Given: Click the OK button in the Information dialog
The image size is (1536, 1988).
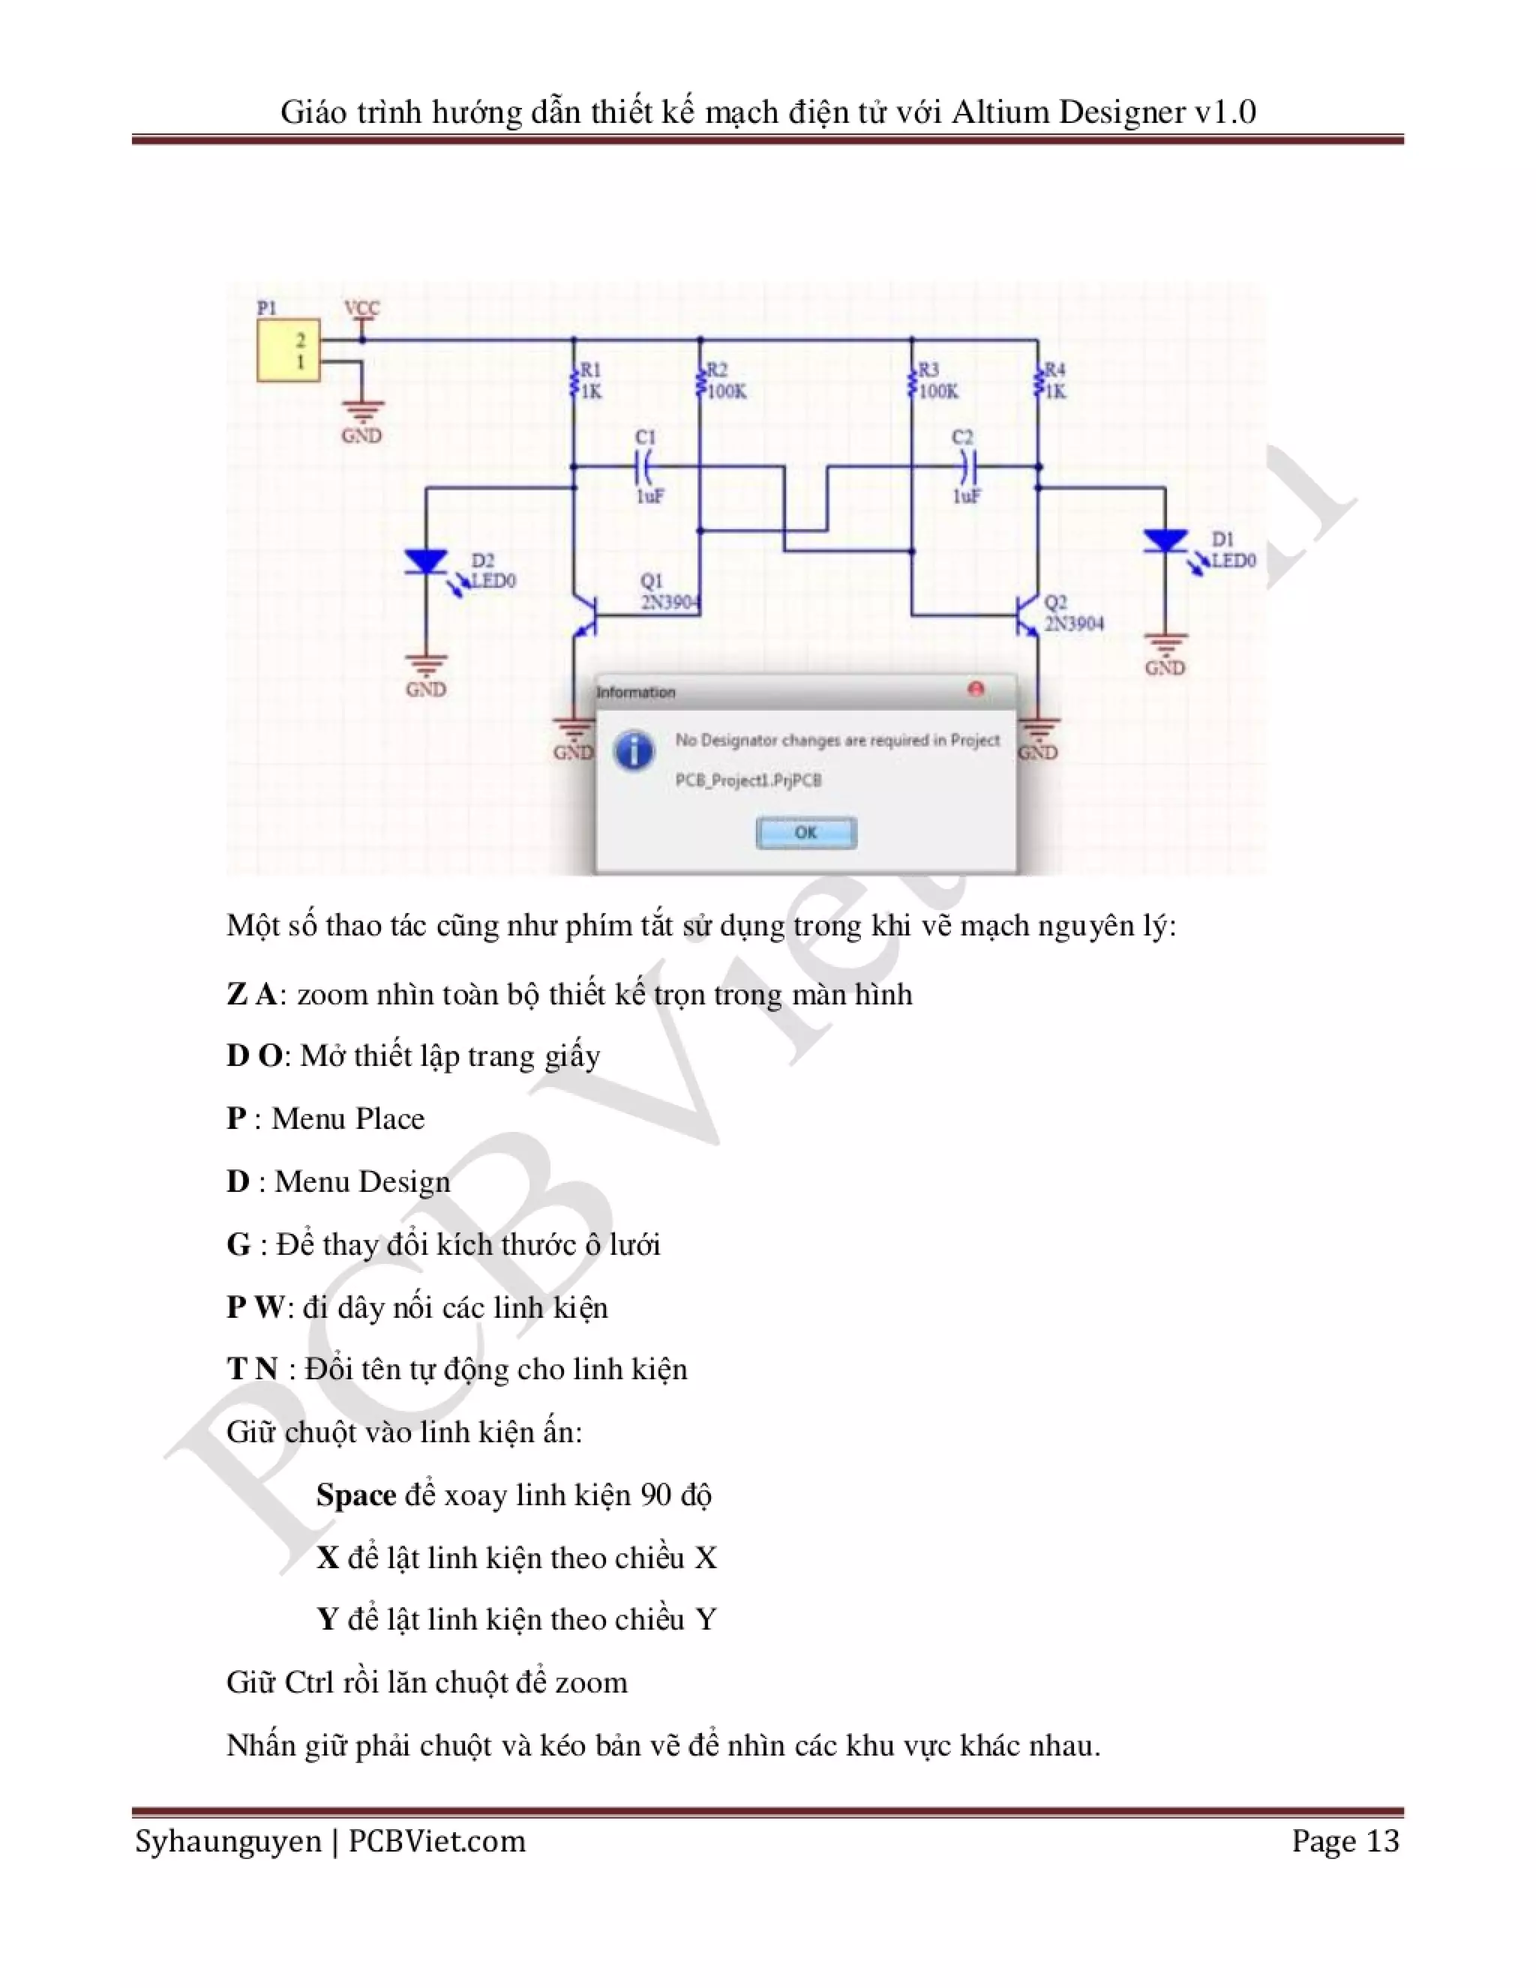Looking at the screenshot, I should [x=805, y=832].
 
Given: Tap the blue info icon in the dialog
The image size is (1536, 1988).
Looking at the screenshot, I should [x=634, y=752].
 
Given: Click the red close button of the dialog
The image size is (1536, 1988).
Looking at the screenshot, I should [x=976, y=689].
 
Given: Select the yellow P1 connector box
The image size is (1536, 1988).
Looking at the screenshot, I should [x=288, y=351].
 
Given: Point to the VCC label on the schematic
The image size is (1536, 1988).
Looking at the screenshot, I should [x=361, y=309].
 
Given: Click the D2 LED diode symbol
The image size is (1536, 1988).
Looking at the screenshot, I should [x=426, y=562].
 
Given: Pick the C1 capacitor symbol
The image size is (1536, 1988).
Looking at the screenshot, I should [x=645, y=467].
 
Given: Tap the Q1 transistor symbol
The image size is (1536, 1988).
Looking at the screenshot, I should [x=586, y=617].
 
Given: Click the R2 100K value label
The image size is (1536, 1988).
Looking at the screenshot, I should [x=727, y=391].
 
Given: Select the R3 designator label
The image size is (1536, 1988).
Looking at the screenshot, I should [x=928, y=370].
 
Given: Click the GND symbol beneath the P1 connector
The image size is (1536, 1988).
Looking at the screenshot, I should [x=361, y=414].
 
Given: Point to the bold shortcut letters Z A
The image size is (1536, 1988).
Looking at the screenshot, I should [x=252, y=994].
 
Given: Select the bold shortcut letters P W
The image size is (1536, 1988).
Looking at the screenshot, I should [x=256, y=1307].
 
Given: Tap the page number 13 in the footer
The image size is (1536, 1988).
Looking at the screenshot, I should [x=1383, y=1841].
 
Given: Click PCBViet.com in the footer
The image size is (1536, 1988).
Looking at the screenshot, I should [x=437, y=1841].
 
